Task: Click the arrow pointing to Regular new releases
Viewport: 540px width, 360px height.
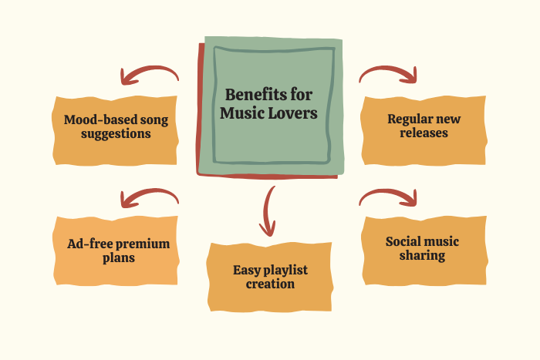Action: [x=389, y=74]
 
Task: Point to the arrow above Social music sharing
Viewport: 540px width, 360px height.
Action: [x=389, y=197]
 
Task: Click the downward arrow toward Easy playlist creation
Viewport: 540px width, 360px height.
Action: [x=268, y=210]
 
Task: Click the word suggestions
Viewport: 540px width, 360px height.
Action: [x=117, y=133]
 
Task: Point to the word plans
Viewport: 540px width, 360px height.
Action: [x=117, y=257]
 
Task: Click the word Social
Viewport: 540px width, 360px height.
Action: [x=402, y=241]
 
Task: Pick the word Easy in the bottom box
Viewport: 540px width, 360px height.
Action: [x=246, y=270]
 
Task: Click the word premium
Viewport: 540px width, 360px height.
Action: [x=143, y=244]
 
